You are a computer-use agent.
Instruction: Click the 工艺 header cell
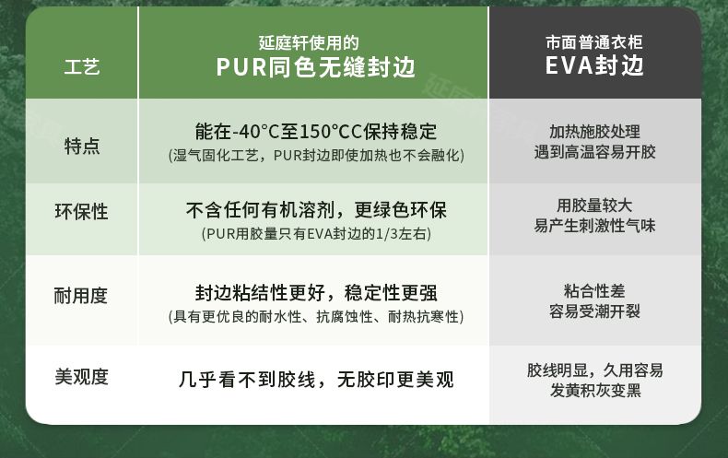click(x=82, y=67)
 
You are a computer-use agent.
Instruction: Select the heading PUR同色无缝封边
click(x=315, y=67)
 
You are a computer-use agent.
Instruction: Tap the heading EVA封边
click(x=594, y=65)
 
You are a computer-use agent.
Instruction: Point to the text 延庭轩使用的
click(x=309, y=42)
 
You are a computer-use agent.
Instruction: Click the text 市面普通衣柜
click(x=594, y=42)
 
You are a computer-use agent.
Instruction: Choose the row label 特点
click(x=82, y=146)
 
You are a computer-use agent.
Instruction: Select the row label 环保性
click(x=81, y=212)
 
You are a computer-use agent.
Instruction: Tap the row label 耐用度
click(x=81, y=296)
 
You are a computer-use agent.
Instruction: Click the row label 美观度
click(x=81, y=377)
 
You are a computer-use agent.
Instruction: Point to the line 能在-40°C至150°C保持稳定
click(x=316, y=132)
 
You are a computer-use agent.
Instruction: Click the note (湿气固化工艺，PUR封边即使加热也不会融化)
click(x=316, y=155)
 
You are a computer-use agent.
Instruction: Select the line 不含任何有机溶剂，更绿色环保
click(x=316, y=210)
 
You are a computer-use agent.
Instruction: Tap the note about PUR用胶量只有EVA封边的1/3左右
click(x=316, y=233)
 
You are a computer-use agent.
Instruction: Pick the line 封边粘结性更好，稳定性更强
click(x=316, y=293)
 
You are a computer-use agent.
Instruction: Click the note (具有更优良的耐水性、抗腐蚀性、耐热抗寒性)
click(x=316, y=317)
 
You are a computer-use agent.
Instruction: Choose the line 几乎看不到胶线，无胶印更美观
click(x=316, y=380)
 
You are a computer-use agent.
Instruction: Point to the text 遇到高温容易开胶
click(x=594, y=152)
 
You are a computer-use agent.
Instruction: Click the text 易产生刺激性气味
click(x=594, y=226)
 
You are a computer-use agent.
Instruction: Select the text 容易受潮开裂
click(x=594, y=311)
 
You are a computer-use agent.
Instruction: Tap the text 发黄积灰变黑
click(x=595, y=390)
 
